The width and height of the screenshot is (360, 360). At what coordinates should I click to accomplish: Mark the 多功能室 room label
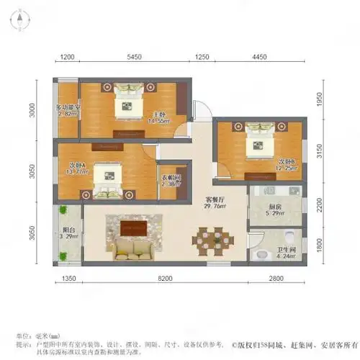[67, 109]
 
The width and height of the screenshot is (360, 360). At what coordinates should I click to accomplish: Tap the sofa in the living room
[132, 250]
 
